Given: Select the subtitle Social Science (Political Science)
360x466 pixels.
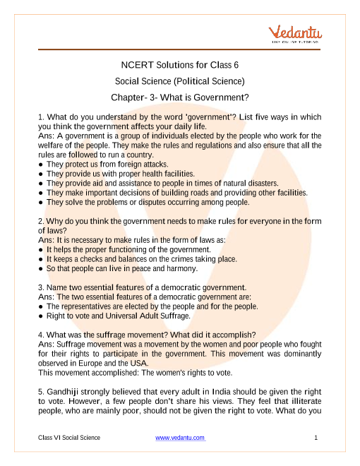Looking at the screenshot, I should click(x=180, y=81).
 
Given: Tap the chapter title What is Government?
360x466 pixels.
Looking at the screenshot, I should click(x=180, y=97).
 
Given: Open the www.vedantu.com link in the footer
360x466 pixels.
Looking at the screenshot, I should click(x=180, y=438).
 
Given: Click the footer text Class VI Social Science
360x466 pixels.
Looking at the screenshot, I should click(x=69, y=438).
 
